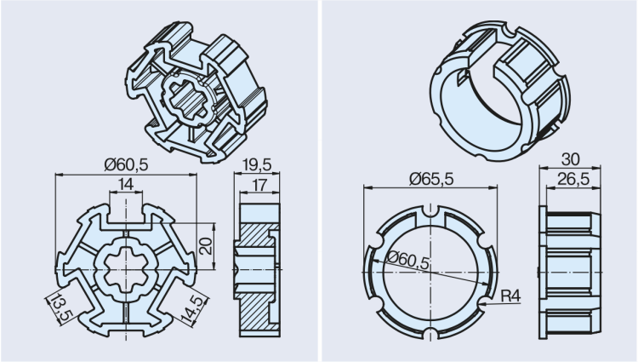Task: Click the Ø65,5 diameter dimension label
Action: [432, 178]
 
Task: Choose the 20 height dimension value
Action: [203, 246]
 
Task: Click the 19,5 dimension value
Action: [253, 164]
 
